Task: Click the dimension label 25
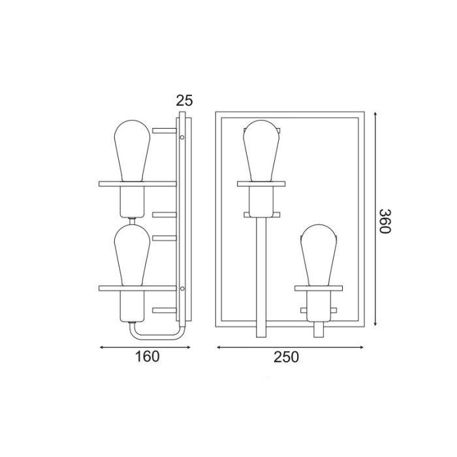185,100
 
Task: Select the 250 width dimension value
286,356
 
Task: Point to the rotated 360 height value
385,221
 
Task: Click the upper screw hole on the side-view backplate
182,138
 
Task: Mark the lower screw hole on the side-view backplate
182,289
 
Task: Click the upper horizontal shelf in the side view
137,183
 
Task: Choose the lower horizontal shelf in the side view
137,288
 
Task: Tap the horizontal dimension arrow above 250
291,347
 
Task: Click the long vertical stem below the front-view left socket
261,274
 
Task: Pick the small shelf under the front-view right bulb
318,287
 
